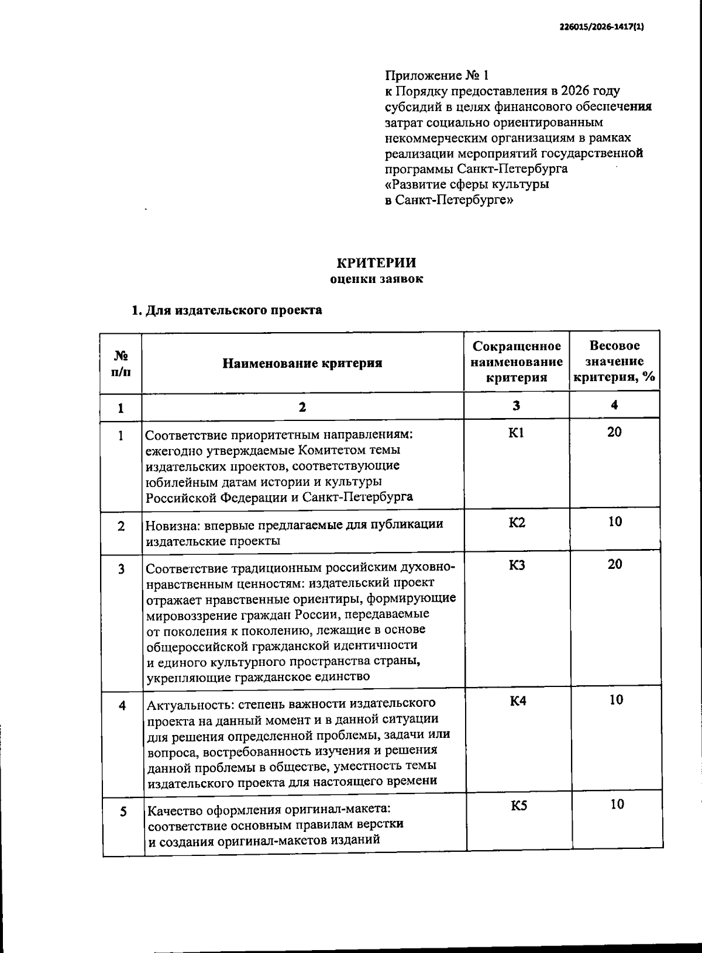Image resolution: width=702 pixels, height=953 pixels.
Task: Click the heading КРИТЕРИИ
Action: pos(376,263)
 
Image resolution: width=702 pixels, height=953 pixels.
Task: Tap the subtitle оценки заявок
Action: pos(376,279)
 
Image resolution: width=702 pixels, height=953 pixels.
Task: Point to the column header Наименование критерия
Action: pos(302,363)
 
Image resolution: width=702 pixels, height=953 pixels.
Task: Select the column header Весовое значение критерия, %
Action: pos(614,362)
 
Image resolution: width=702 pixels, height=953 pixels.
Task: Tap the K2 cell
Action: pos(517,522)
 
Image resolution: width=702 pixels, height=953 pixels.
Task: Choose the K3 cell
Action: pos(517,565)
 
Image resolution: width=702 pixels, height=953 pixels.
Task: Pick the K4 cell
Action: pos(518,700)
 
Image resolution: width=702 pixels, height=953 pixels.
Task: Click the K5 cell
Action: pos(519,806)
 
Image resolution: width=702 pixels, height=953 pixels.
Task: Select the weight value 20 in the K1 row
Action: pos(614,432)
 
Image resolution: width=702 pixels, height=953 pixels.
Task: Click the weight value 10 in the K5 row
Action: pos(617,804)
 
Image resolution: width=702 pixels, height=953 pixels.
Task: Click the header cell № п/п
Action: pos(121,363)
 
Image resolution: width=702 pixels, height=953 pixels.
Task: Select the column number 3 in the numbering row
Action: pos(517,405)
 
